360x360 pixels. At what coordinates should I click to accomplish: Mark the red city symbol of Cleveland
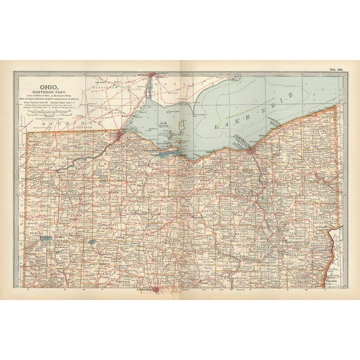coord(250,150)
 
